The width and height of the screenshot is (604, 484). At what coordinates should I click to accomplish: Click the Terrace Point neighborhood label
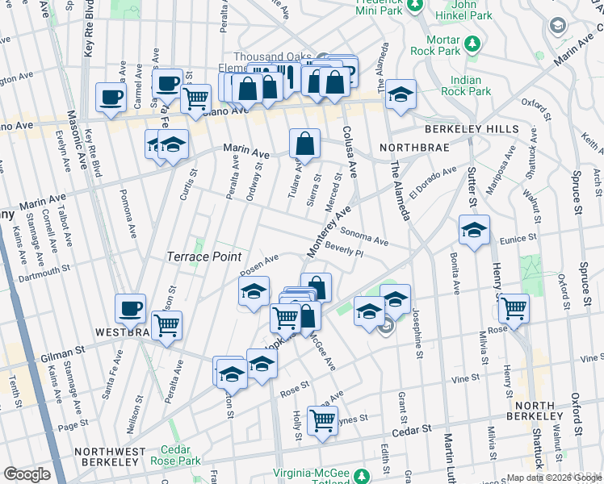click(x=203, y=257)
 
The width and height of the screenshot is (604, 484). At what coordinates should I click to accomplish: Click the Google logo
click(x=27, y=474)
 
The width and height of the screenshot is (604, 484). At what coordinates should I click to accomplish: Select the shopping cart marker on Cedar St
click(x=322, y=419)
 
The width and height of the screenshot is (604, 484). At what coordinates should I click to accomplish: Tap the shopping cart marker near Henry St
click(x=514, y=307)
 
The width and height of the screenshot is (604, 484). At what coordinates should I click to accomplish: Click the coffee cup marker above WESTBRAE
click(x=131, y=307)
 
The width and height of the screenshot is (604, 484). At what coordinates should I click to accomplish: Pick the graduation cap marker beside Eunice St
click(x=475, y=229)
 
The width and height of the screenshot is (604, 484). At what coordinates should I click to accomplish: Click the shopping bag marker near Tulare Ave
click(x=305, y=144)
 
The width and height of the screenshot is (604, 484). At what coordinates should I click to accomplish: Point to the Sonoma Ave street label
click(x=364, y=237)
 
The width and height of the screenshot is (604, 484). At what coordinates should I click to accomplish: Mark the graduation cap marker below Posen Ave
click(x=254, y=291)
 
